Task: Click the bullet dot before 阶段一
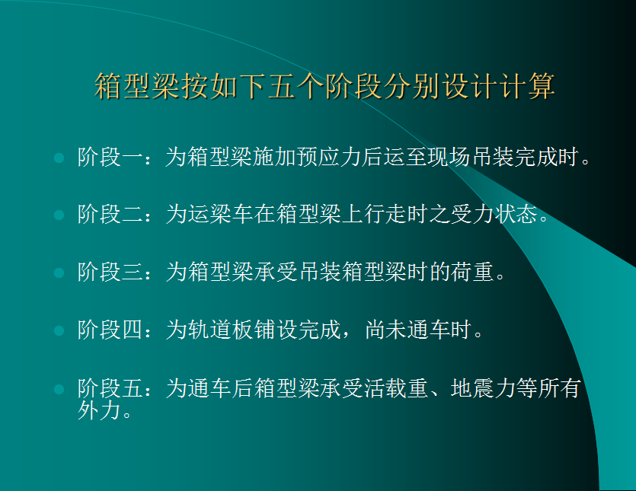(59, 158)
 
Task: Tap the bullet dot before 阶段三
(59, 273)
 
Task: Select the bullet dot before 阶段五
(59, 389)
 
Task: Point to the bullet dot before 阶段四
(59, 330)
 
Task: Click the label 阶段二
(110, 214)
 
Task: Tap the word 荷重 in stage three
(472, 272)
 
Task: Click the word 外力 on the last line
(99, 410)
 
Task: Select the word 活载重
(396, 388)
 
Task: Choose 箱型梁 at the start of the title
(137, 86)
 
